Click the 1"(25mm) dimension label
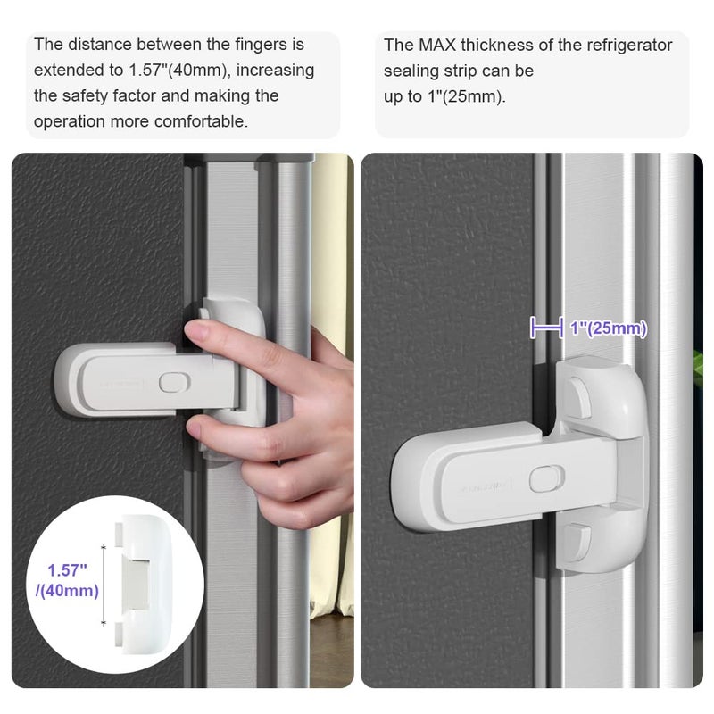coord(608,328)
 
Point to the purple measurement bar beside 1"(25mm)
coord(545,329)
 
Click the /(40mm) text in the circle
coord(68,590)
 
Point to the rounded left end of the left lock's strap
coord(70,380)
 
